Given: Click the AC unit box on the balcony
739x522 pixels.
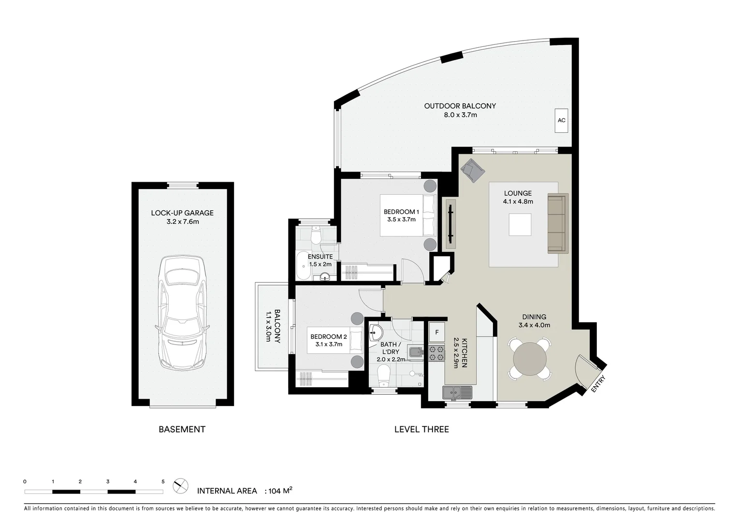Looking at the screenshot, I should click(561, 120).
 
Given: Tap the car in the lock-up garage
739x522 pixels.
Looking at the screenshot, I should click(182, 313).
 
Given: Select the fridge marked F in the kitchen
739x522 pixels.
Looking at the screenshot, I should click(437, 332).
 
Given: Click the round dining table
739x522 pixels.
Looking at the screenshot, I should click(530, 359).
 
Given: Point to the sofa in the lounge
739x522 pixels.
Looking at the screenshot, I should click(557, 223).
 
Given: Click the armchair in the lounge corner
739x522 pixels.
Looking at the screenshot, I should click(472, 170).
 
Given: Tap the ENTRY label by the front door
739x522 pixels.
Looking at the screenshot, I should click(597, 384).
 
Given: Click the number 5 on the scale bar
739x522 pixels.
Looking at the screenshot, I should click(163, 481).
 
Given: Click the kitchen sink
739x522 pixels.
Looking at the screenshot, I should click(457, 392).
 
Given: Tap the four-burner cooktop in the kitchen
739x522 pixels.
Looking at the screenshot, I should click(437, 353).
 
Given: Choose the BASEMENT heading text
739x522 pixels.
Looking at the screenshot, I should click(182, 429).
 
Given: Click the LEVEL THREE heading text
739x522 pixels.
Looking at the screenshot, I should click(421, 429).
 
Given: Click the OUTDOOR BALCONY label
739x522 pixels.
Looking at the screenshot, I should click(460, 106).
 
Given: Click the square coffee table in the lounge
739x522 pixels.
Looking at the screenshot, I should click(520, 225).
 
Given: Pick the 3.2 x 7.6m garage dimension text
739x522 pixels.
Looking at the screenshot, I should click(182, 222).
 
